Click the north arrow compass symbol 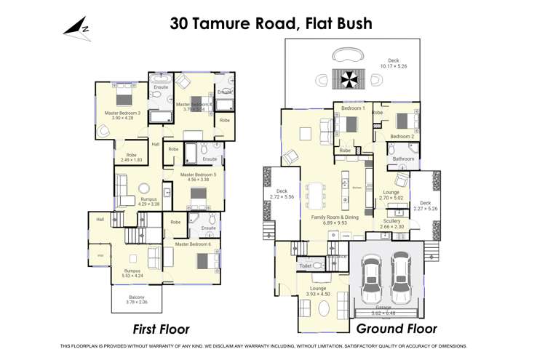pyautogui.click(x=75, y=28)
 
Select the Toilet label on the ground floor pyautogui.click(x=306, y=267)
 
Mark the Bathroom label pyautogui.click(x=403, y=159)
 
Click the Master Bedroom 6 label pyautogui.click(x=193, y=244)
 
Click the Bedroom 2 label pyautogui.click(x=402, y=136)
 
